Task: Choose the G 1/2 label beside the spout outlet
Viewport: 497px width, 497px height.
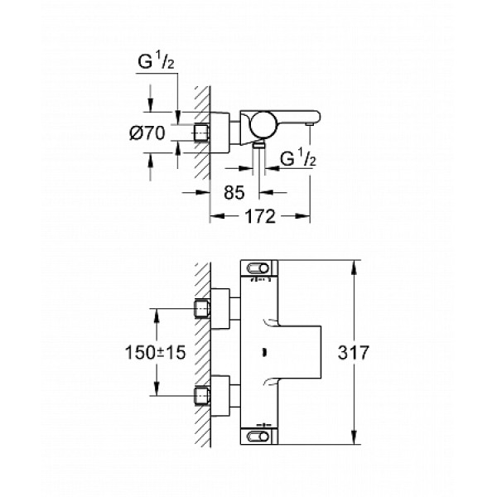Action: click(x=298, y=157)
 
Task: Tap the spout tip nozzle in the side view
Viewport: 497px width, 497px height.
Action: click(x=309, y=123)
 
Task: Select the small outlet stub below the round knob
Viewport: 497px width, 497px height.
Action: click(x=260, y=144)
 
